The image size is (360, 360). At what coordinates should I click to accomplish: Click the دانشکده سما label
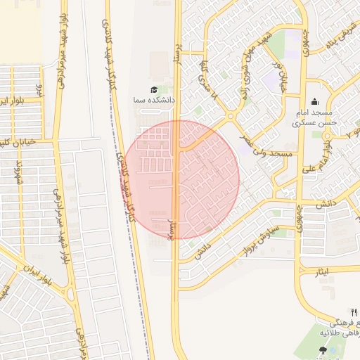153,101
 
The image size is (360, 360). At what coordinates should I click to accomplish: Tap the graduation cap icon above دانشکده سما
153,89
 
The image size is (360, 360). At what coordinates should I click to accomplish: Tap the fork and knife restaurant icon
354,312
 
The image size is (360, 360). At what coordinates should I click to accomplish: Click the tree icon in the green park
323,350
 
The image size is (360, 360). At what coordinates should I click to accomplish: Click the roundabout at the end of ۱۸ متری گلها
231,117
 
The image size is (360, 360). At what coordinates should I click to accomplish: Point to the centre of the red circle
181,179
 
